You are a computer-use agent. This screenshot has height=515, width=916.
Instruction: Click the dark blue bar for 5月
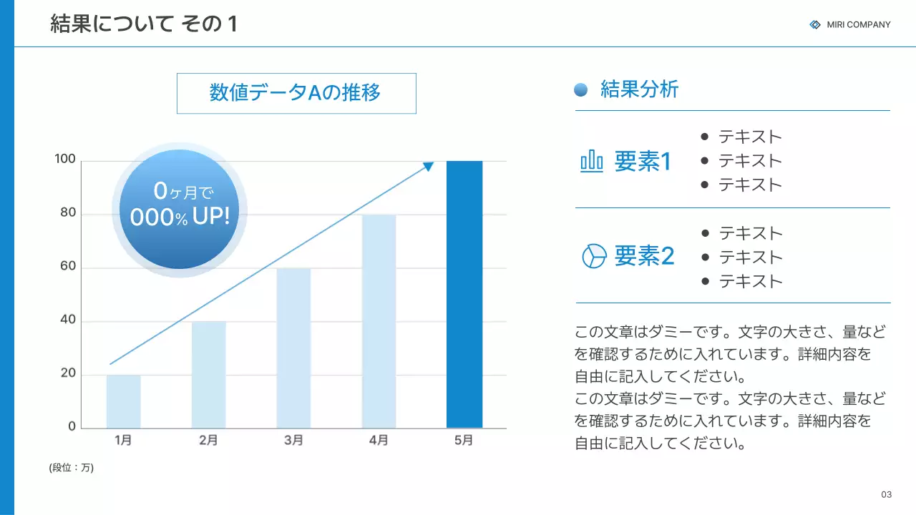464,294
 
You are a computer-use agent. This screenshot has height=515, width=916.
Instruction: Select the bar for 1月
123,401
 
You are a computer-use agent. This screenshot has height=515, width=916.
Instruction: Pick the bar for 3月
293,348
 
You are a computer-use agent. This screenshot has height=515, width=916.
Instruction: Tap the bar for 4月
379,321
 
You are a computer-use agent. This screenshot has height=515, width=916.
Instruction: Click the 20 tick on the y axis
68,373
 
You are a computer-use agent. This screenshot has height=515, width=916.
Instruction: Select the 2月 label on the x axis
208,441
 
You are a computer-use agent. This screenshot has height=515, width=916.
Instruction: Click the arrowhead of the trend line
428,167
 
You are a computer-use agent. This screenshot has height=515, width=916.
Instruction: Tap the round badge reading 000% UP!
180,209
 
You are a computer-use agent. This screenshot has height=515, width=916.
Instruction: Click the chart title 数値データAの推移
296,93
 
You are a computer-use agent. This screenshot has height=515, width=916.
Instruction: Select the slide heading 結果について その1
144,24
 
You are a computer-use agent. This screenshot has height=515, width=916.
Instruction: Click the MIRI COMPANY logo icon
815,24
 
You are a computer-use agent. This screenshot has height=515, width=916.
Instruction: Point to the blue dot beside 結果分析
581,89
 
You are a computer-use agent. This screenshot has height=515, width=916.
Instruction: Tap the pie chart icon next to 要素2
594,255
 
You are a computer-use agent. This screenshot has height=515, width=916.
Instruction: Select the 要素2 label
644,255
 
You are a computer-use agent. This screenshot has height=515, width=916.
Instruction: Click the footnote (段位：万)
72,468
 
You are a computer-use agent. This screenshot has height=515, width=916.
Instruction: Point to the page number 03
887,495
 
